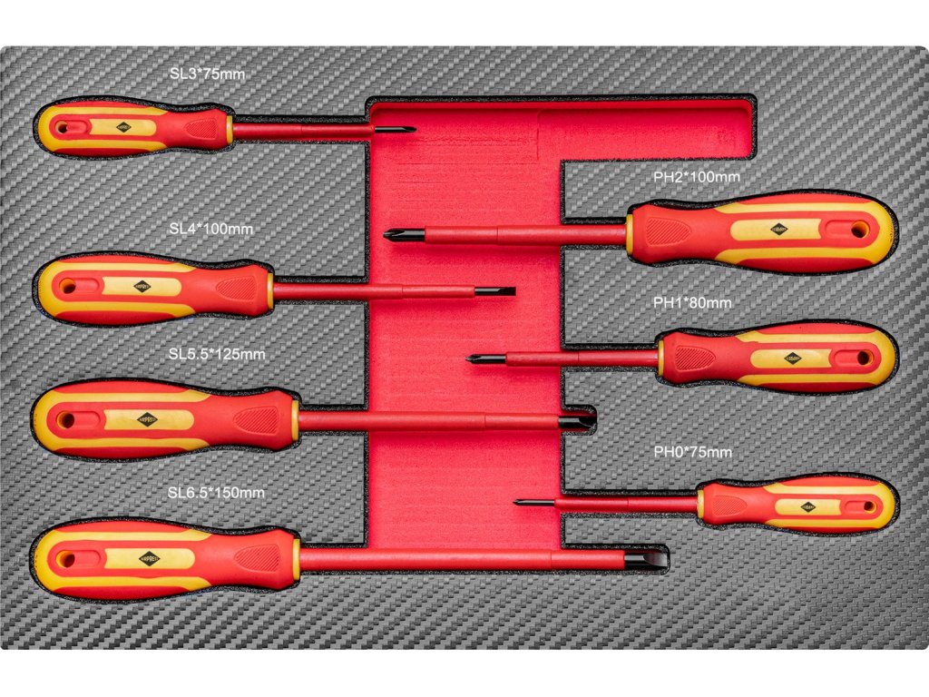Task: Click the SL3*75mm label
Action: pyautogui.click(x=207, y=73)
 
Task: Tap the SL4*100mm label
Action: pyautogui.click(x=210, y=229)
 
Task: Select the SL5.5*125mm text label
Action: pyautogui.click(x=217, y=354)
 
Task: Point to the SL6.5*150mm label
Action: pyautogui.click(x=216, y=493)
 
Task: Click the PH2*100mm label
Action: pyautogui.click(x=697, y=176)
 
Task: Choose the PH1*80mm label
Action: pyautogui.click(x=692, y=303)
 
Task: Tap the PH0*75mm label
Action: pyautogui.click(x=692, y=451)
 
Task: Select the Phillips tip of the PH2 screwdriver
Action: pyautogui.click(x=394, y=236)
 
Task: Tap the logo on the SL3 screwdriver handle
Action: pyautogui.click(x=122, y=128)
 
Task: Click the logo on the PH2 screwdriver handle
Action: pyautogui.click(x=778, y=230)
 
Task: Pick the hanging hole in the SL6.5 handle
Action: pyautogui.click(x=66, y=559)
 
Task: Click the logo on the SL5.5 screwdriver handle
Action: pyautogui.click(x=147, y=419)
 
